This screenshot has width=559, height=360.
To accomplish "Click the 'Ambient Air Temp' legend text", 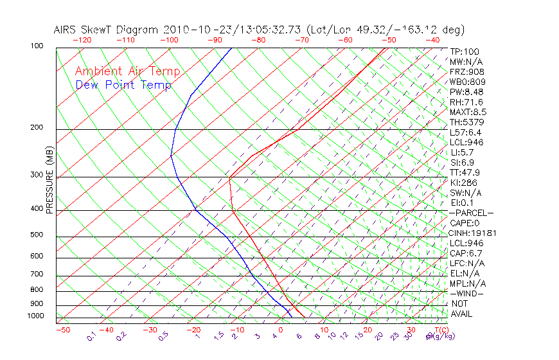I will pos(128,71).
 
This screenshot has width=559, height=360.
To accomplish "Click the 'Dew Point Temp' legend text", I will pos(123,85).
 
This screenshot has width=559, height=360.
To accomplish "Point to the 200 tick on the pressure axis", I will pos(37,127).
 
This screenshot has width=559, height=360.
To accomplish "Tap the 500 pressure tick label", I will pos(37,235).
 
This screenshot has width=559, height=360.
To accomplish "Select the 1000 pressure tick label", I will pos(35,316).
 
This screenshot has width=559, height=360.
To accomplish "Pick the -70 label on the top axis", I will pos(301,40).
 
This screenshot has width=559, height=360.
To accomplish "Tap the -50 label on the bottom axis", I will pos(62,330).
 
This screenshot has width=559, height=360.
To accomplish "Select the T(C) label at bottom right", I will pos(438,330).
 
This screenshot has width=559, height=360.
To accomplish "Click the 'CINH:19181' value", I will pos(474,233).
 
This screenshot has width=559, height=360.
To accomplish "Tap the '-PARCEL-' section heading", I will pos(472,213).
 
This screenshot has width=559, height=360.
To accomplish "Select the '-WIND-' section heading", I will pos(467,293).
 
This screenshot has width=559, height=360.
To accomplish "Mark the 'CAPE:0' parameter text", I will pos(465,223).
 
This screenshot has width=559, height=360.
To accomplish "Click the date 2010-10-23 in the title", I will pos(192,30).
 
